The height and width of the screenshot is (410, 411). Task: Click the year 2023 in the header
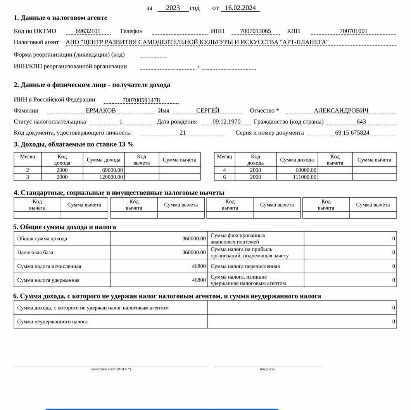(173, 8)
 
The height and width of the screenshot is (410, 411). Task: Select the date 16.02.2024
(240, 8)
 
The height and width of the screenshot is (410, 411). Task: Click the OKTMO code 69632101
(88, 31)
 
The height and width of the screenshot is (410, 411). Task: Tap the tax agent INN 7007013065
(256, 31)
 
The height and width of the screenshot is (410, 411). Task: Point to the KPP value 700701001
(353, 31)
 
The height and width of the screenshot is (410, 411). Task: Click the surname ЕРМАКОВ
(100, 111)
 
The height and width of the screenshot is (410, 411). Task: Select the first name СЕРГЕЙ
(208, 111)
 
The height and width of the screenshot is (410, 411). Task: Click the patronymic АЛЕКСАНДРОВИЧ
(341, 111)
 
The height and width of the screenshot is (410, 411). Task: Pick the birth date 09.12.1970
(227, 122)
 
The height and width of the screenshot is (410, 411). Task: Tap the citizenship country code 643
(361, 122)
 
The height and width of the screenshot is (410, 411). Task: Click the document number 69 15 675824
(352, 133)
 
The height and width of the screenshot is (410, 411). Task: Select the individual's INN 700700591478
(141, 100)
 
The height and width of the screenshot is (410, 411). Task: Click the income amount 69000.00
(112, 170)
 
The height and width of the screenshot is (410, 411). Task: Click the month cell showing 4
(224, 170)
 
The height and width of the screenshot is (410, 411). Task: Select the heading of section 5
(65, 227)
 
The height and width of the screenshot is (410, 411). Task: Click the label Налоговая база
(35, 252)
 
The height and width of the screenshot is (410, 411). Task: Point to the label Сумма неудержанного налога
(52, 321)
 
